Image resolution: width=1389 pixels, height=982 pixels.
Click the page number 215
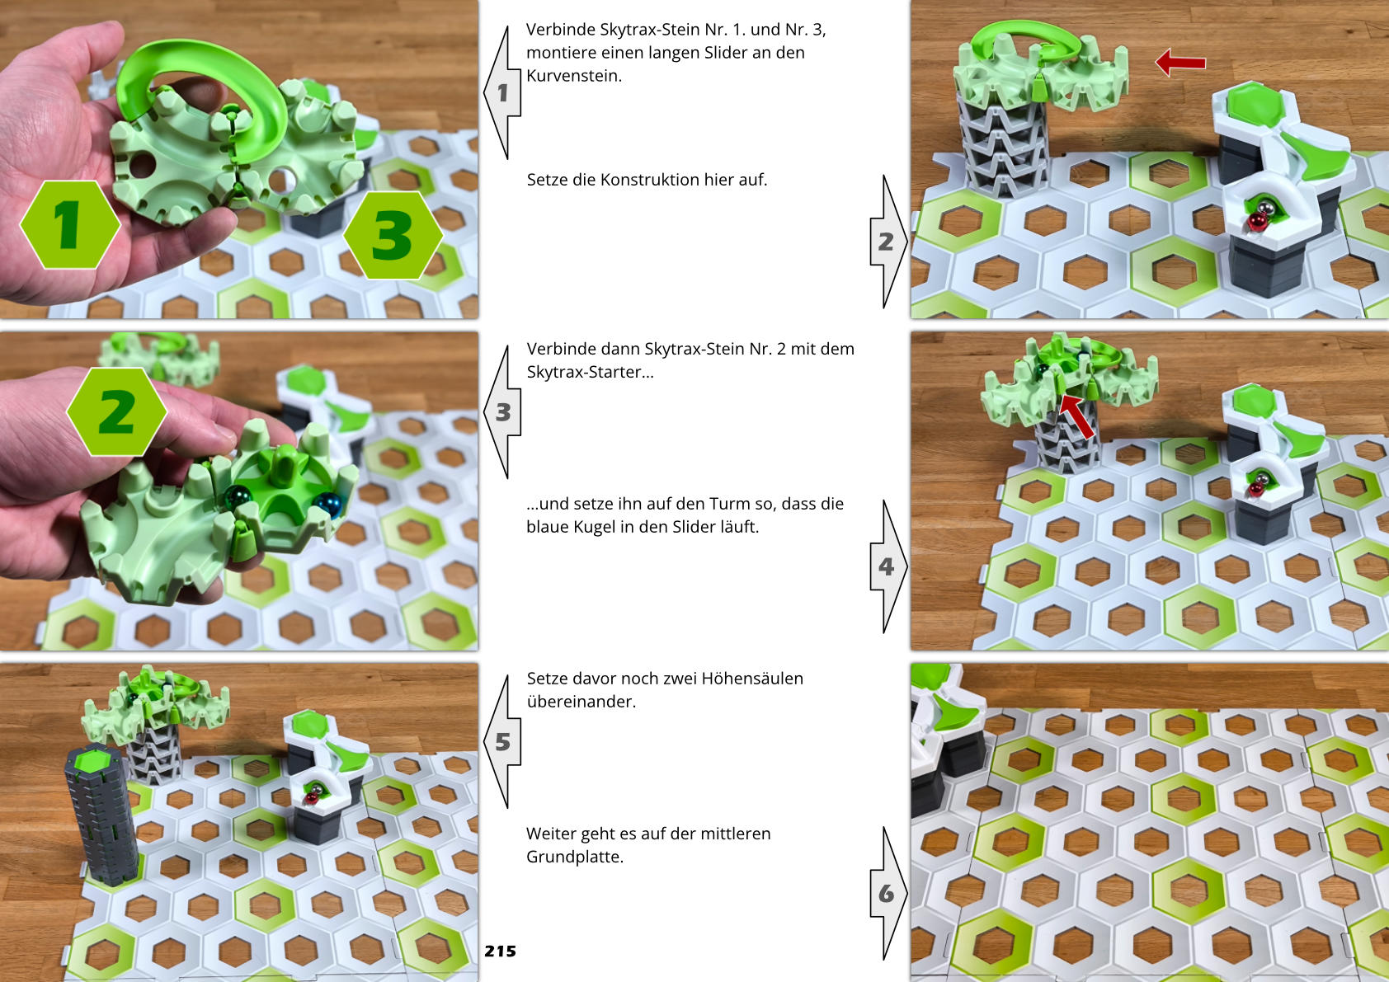coord(501,951)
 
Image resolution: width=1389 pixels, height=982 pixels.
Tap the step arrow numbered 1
coord(502,92)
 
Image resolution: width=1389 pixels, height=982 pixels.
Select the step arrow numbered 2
coord(888,241)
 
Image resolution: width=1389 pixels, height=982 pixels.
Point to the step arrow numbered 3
coord(502,411)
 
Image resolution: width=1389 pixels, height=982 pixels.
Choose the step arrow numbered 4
coord(888,566)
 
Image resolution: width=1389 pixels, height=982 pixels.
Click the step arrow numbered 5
coord(502,741)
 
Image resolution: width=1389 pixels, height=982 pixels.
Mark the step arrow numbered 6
coord(888,893)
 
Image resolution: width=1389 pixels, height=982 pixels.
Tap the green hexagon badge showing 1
coord(70,224)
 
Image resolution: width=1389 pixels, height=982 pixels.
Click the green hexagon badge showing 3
coord(393,235)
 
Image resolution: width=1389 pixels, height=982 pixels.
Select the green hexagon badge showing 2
coord(116,411)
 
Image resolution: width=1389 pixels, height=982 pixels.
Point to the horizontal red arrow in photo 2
coord(1180,63)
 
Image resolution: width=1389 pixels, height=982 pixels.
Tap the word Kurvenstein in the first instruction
coord(573,76)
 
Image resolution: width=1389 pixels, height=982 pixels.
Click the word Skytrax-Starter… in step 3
coord(590,372)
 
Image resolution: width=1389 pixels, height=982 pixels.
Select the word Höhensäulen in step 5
coord(752,679)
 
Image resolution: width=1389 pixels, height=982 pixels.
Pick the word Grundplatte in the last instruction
coord(573,857)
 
